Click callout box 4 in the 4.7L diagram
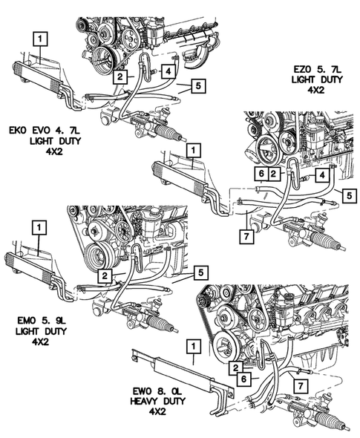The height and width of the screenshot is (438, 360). pyautogui.click(x=168, y=71)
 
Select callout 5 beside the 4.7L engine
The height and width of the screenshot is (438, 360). pyautogui.click(x=199, y=86)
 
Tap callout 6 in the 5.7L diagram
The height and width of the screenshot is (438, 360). pyautogui.click(x=261, y=174)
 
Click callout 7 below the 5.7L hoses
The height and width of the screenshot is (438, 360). pyautogui.click(x=246, y=236)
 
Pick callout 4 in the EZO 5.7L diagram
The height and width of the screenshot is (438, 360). pyautogui.click(x=322, y=175)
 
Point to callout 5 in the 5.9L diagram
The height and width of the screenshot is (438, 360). pyautogui.click(x=201, y=272)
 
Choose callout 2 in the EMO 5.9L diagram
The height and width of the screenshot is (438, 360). pyautogui.click(x=105, y=276)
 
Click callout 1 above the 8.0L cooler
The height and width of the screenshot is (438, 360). pyautogui.click(x=193, y=347)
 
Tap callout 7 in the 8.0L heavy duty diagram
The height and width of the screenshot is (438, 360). pyautogui.click(x=301, y=386)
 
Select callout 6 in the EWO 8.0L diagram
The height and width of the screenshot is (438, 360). pyautogui.click(x=243, y=379)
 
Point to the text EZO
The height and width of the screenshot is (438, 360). pyautogui.click(x=302, y=69)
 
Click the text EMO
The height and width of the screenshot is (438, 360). pyautogui.click(x=24, y=321)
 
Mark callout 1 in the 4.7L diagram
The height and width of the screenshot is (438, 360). pyautogui.click(x=41, y=39)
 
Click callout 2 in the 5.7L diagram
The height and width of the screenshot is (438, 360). pyautogui.click(x=274, y=174)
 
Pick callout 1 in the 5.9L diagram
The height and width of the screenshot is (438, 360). pyautogui.click(x=39, y=228)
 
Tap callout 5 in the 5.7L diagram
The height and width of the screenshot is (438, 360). pyautogui.click(x=350, y=195)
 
